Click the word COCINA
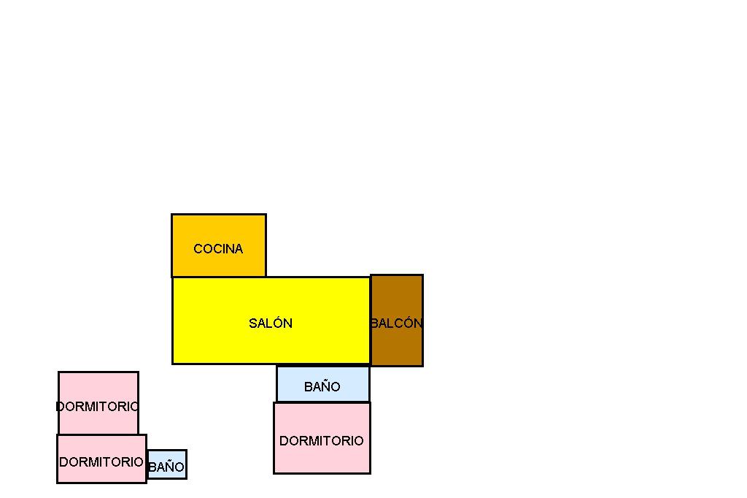tap(218, 249)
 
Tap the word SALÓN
tap(271, 323)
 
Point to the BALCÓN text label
tap(396, 323)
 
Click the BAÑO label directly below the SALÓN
tap(322, 387)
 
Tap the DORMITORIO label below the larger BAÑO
tap(321, 441)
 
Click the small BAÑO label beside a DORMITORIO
tap(166, 467)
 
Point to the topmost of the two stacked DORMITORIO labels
tap(97, 407)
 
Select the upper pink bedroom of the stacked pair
tap(98, 387)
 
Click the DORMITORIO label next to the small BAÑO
tap(101, 462)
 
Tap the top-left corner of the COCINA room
tap(172, 215)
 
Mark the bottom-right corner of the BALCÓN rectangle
tap(422, 365)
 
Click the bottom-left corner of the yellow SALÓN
tap(173, 363)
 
